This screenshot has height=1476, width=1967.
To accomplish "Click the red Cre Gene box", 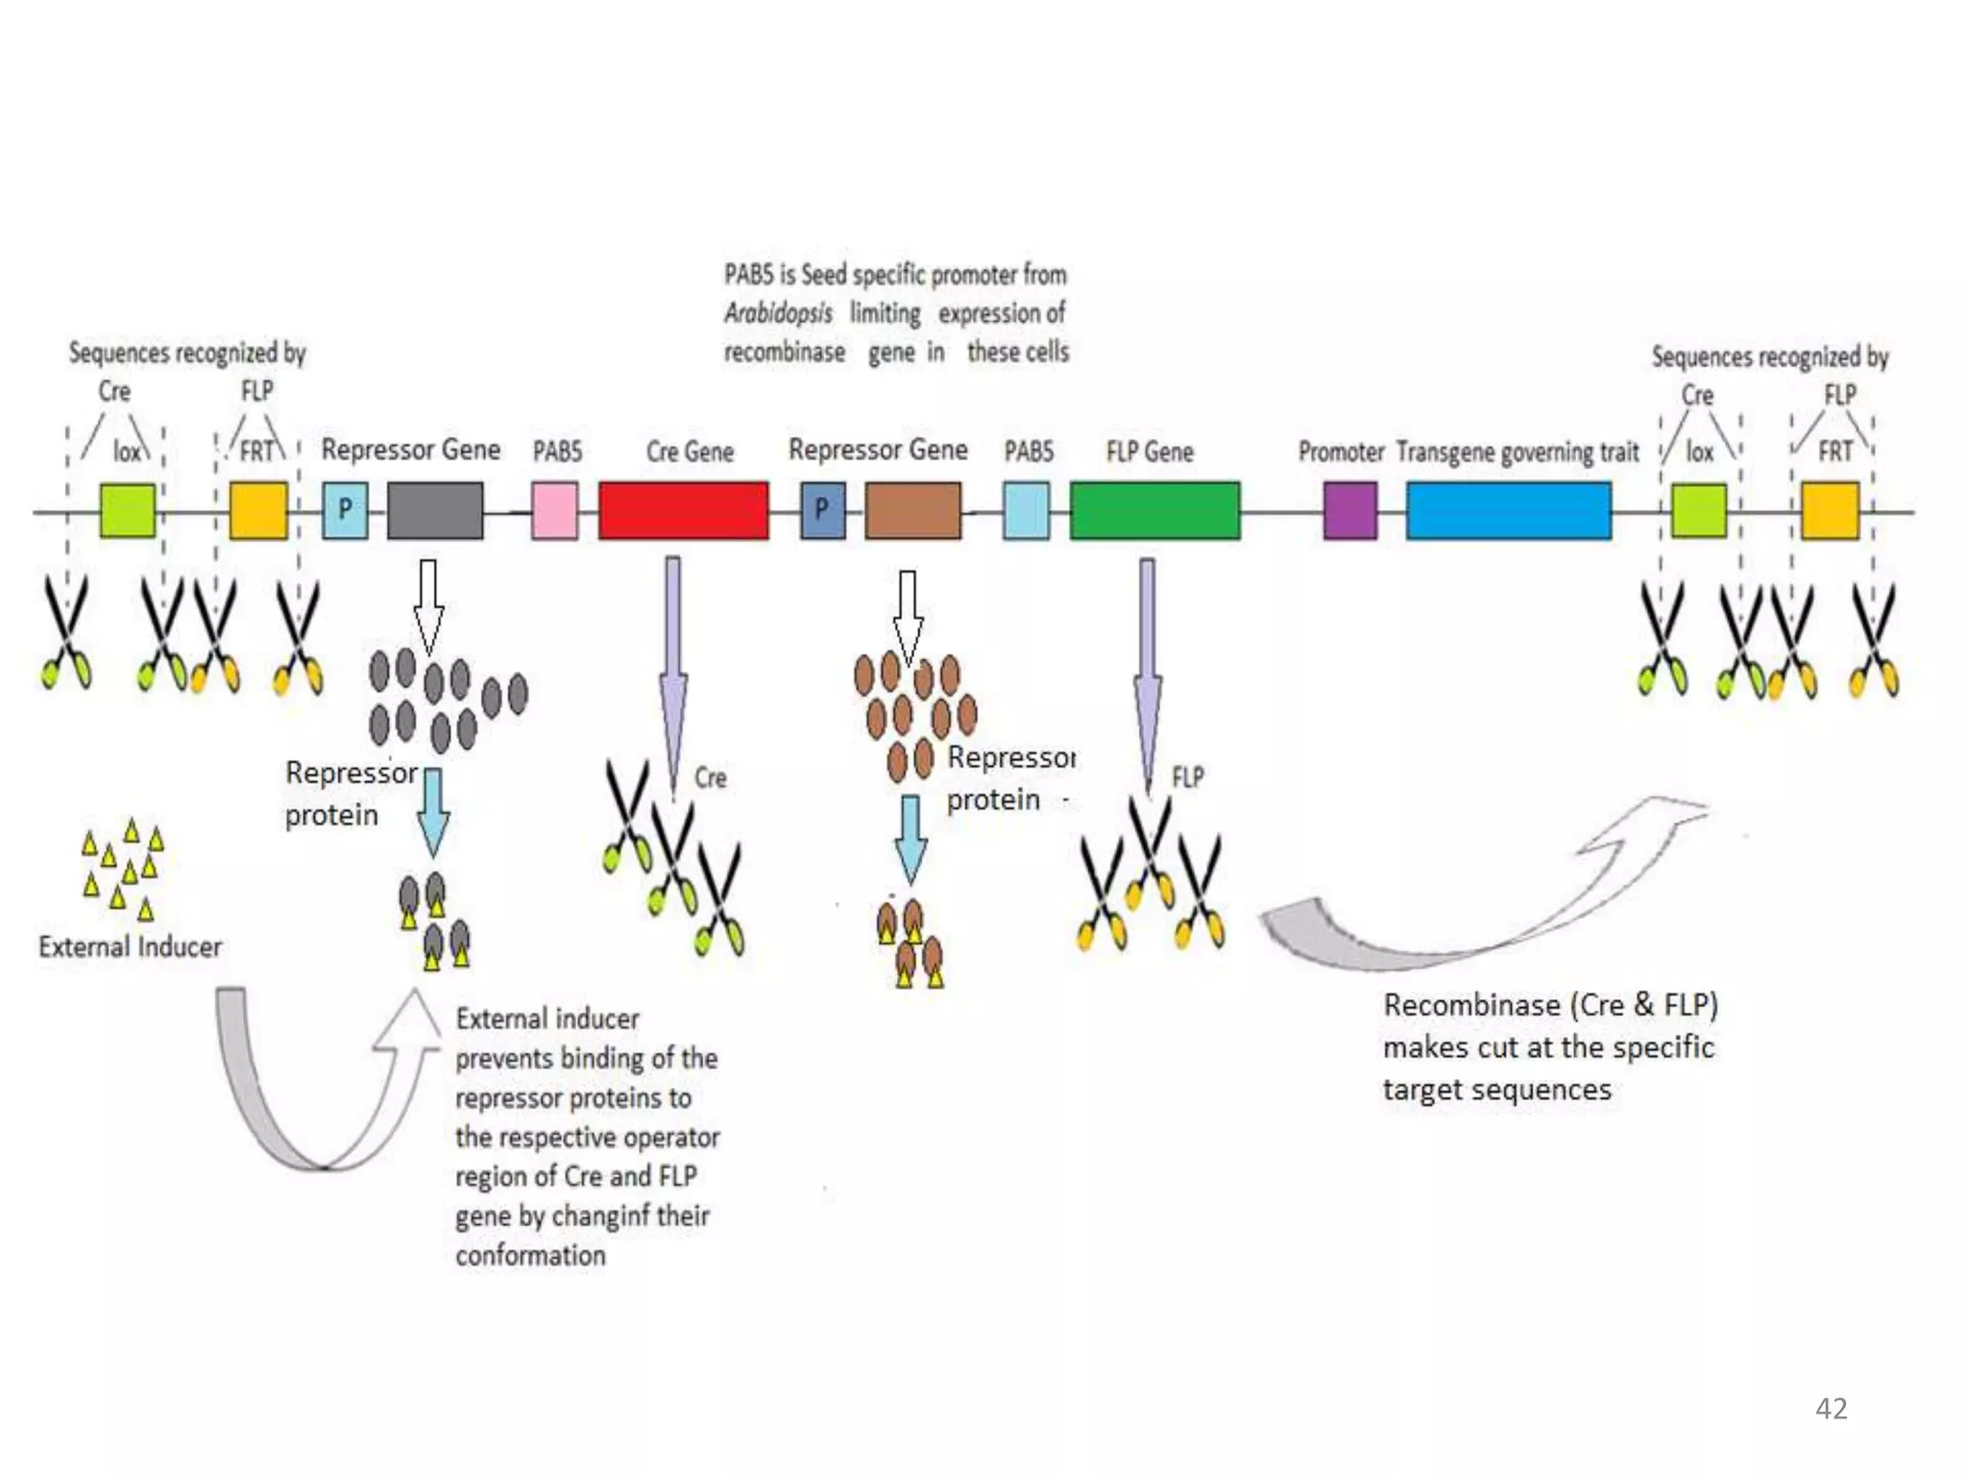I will [683, 510].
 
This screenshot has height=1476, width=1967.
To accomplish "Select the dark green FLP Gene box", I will [1154, 510].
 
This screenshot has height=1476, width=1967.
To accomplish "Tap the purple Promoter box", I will [1349, 510].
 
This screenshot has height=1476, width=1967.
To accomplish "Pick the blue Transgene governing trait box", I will [1509, 510].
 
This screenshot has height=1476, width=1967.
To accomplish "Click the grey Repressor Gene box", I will [435, 510].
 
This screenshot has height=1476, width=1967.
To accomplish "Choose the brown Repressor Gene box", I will [912, 510].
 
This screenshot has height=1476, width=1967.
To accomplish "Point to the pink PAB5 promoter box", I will [555, 510].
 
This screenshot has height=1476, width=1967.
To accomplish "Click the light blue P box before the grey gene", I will [345, 510].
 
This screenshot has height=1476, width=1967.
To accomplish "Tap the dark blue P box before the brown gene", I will [822, 510].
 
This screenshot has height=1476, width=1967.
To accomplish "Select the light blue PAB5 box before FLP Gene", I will [1026, 510].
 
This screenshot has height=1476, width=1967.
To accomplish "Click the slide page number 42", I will [1831, 1409].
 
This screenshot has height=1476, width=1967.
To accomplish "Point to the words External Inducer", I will [130, 947].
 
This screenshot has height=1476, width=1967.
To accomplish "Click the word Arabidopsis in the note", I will [778, 313].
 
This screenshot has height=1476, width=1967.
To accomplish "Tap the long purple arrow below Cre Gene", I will [673, 673].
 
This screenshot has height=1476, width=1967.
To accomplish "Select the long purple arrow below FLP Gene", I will [1147, 673].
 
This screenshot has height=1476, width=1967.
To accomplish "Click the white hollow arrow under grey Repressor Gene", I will [428, 605].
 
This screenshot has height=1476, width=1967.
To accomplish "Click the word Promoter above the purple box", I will [1341, 452].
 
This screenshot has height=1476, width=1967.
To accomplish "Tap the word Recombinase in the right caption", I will [1471, 1005].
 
